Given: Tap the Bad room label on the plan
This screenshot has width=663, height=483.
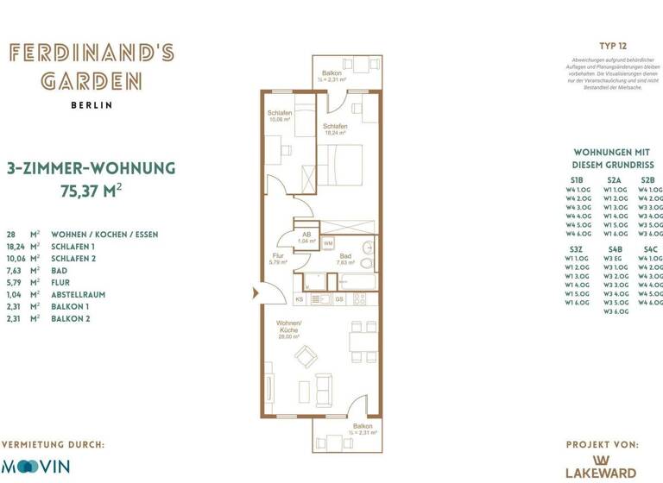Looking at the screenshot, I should pos(344,256).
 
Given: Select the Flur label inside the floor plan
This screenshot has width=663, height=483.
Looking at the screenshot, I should pos(279,255).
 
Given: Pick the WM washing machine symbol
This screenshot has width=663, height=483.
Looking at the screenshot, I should pos(328,244).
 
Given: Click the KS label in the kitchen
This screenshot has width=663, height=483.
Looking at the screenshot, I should pos(300,299).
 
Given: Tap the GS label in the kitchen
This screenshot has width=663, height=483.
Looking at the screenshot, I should pos(339,299).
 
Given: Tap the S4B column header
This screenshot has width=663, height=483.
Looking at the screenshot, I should pos(615,248).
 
